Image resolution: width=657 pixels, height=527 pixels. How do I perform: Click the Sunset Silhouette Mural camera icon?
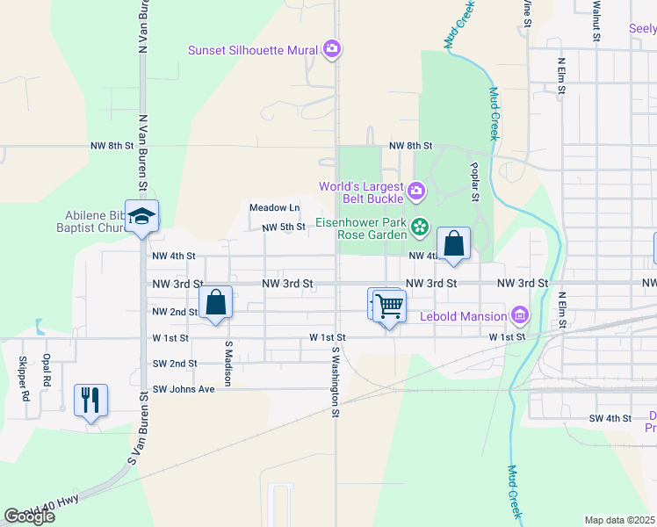click(x=331, y=49)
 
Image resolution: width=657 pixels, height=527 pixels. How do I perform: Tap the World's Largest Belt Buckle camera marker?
click(x=416, y=189)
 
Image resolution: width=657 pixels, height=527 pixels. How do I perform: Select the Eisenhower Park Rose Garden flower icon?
click(x=420, y=228)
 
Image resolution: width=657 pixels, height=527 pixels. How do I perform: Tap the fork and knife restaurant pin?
click(x=91, y=401)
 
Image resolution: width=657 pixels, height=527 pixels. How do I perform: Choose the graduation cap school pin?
click(x=141, y=217)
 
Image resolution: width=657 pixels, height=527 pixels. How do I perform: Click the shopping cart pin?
click(x=389, y=307)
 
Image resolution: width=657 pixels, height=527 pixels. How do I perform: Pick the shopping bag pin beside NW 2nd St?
click(x=216, y=303)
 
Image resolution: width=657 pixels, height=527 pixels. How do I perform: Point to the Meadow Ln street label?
click(x=274, y=208)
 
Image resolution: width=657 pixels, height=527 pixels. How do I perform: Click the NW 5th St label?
click(x=283, y=227)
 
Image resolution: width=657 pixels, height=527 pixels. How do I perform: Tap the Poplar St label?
click(x=473, y=183)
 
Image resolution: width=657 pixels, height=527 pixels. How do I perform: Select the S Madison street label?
click(x=227, y=364)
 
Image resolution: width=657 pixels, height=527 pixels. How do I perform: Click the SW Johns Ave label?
click(x=184, y=389)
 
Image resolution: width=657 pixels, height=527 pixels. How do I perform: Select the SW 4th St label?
click(x=610, y=418)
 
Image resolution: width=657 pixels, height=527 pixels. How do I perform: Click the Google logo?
click(x=29, y=516)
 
